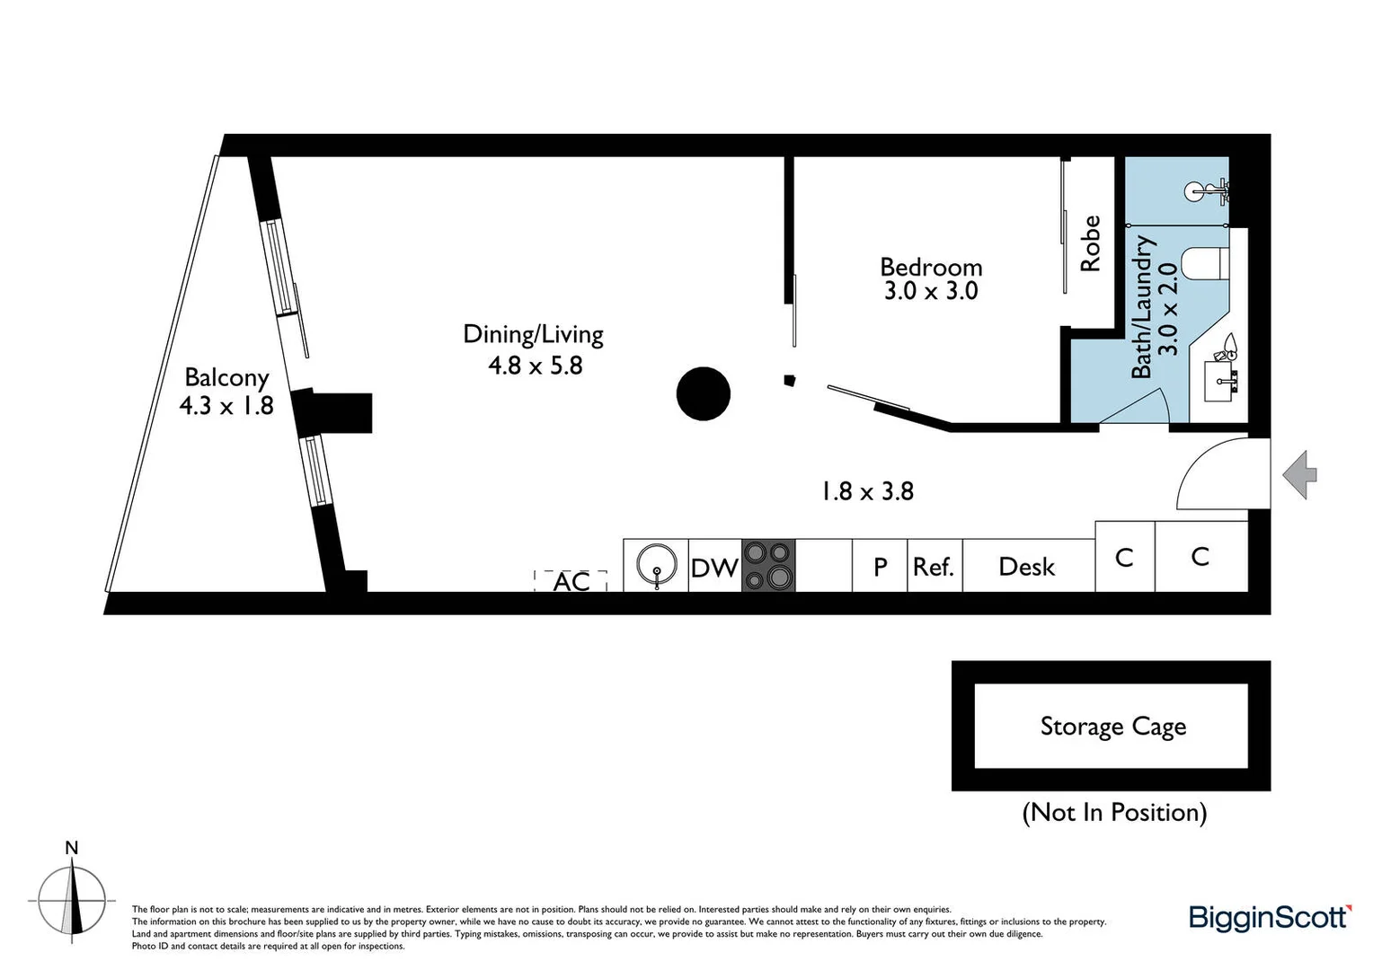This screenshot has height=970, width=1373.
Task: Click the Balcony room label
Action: (226, 377)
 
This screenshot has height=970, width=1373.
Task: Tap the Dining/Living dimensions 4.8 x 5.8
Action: (535, 366)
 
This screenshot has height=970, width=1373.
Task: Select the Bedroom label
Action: (931, 267)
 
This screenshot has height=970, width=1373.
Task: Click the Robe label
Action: (1090, 243)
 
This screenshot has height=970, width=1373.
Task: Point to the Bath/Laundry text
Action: (1141, 307)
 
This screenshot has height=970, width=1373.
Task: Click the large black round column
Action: (703, 393)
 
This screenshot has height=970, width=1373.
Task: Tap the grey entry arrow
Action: (1299, 474)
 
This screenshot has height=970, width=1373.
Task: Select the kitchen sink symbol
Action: (656, 566)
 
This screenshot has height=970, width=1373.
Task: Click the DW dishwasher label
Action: (714, 568)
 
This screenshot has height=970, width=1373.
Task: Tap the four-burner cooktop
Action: (768, 566)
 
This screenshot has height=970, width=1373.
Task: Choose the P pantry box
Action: (880, 567)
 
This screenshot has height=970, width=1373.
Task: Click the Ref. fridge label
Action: (934, 567)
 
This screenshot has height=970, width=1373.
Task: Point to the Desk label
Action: (1026, 567)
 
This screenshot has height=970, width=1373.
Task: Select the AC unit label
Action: (571, 582)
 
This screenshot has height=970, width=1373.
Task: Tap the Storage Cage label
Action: (1112, 726)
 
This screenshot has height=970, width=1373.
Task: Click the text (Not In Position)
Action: (1114, 812)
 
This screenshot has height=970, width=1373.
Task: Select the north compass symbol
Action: (72, 898)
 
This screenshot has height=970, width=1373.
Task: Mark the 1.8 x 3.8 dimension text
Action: (867, 491)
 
